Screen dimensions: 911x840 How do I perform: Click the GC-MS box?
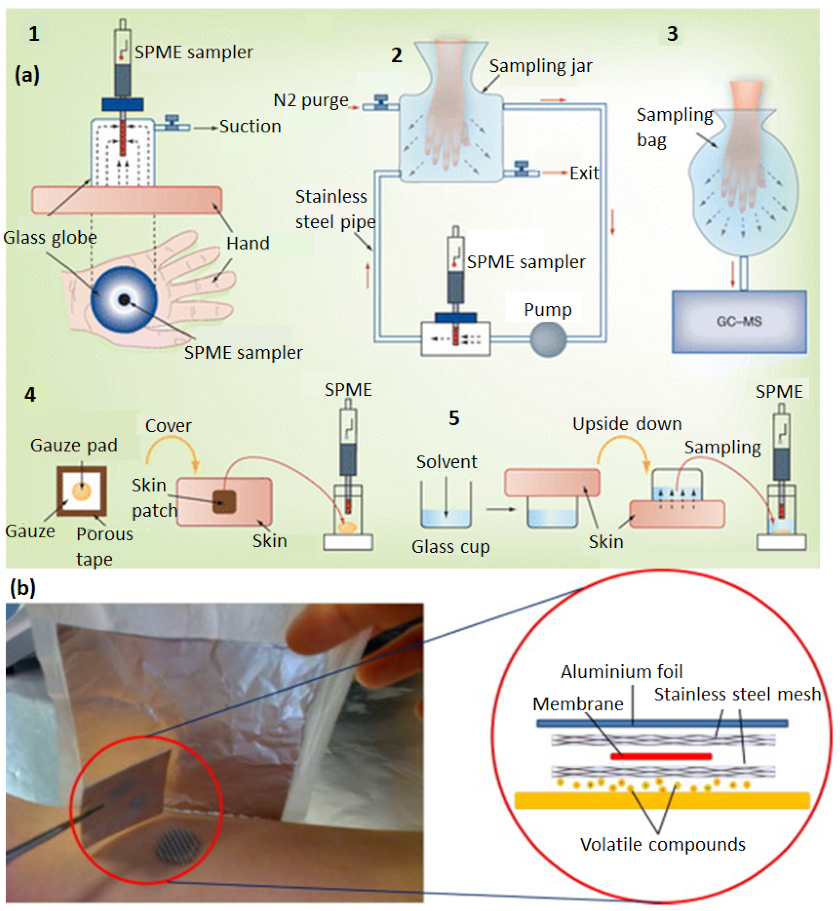pos(739,322)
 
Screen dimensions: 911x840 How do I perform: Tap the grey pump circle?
pos(548,339)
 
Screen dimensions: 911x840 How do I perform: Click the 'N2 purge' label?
pos(311,100)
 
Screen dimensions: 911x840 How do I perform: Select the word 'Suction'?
pos(250,126)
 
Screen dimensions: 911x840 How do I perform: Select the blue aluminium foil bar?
pos(662,723)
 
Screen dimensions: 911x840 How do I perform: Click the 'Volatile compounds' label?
pos(663,844)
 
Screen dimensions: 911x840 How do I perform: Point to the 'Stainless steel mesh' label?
pos(737,694)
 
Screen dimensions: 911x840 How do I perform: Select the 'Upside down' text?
pos(627,424)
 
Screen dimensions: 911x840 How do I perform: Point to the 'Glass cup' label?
pos(450,547)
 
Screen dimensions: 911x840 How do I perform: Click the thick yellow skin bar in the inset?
pos(662,800)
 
